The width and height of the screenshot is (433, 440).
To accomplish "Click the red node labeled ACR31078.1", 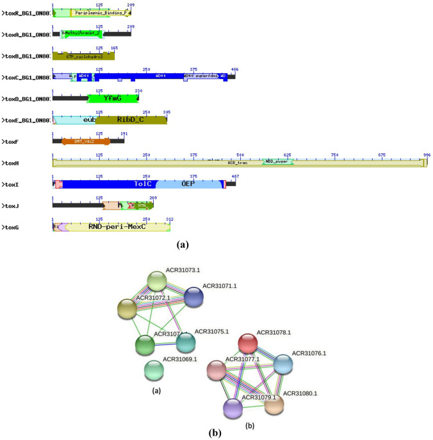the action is pos(249,342).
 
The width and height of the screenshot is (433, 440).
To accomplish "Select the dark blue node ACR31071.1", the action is pos(193,297).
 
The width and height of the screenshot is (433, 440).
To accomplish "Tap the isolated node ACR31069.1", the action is pos(153,369).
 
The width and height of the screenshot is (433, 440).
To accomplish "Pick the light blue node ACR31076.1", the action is pos(284,364).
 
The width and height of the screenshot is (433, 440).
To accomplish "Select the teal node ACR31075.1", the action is pos(185,342).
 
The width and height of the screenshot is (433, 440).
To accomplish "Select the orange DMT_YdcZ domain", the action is pos(85,140).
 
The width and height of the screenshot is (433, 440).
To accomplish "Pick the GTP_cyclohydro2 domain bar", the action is pos(85,56).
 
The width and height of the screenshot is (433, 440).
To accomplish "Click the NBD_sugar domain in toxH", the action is pos(278,162).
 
